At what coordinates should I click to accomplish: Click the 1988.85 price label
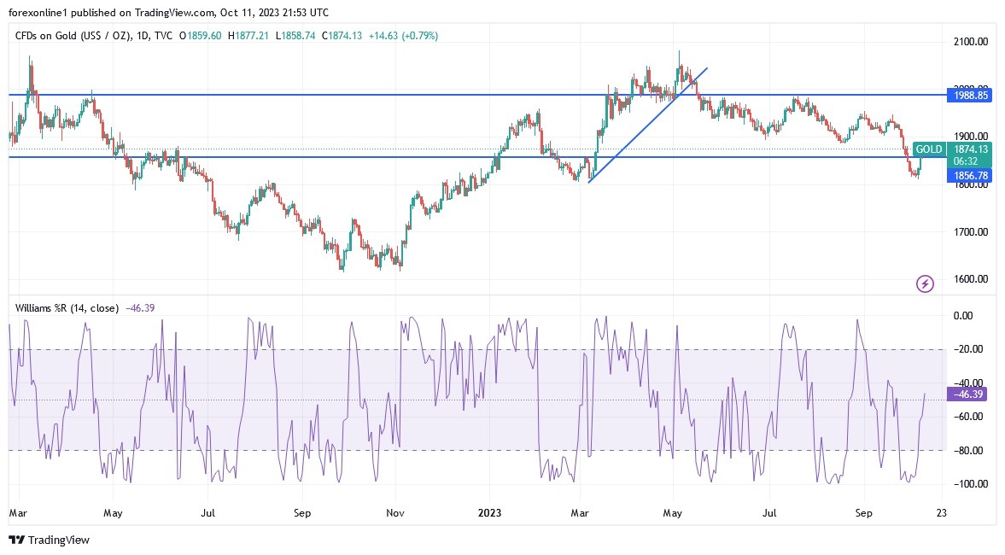tap(970, 96)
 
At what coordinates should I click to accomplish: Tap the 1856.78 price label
tap(970, 175)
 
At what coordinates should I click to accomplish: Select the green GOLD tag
tap(929, 149)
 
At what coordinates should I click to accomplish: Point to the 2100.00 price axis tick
tap(970, 41)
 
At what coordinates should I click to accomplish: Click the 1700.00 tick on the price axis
tap(970, 231)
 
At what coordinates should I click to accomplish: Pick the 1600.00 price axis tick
tap(970, 279)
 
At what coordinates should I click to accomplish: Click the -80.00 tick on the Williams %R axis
tap(970, 450)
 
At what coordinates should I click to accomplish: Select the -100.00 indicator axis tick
tap(970, 483)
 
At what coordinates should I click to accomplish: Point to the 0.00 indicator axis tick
tap(970, 316)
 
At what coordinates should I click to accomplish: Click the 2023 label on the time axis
tap(489, 514)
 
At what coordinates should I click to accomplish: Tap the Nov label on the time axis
tap(394, 514)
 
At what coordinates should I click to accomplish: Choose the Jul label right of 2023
tap(769, 514)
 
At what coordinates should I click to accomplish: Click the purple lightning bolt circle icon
tap(925, 283)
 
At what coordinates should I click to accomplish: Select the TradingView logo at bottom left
tap(49, 540)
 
